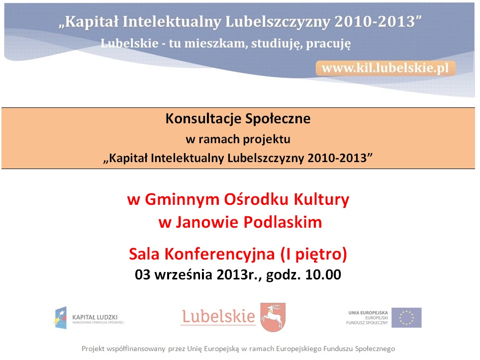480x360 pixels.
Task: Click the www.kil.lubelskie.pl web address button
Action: tap(385, 68)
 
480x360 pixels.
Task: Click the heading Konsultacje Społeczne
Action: tap(238, 119)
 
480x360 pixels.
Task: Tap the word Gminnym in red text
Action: tap(182, 200)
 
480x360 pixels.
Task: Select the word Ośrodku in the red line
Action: tap(256, 199)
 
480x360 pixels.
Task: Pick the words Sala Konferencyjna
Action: tap(202, 254)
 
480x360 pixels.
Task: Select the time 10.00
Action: tap(323, 274)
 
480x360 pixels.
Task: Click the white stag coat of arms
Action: tap(273, 317)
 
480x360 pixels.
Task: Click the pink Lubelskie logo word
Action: tap(218, 316)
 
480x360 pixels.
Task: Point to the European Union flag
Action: tap(406, 317)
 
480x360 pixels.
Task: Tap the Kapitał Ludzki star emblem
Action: tap(60, 318)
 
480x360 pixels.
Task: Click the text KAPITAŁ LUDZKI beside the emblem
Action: tap(95, 317)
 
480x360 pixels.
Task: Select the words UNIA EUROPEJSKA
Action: tap(368, 313)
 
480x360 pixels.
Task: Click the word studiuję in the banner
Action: tap(277, 44)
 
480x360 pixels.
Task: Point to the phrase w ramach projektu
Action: tap(238, 139)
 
